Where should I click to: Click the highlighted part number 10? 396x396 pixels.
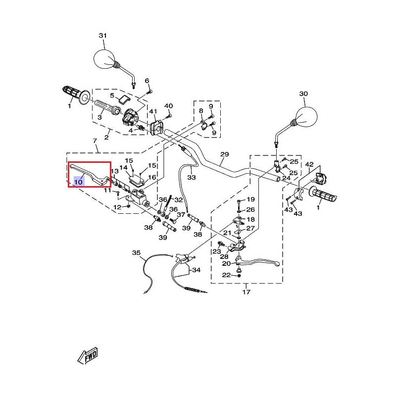[x=78, y=182]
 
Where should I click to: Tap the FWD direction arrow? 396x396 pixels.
[x=88, y=356]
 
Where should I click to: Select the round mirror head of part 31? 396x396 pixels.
[x=104, y=59]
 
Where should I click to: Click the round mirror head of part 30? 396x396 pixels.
[x=306, y=116]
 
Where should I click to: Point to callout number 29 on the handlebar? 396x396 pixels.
[x=225, y=154]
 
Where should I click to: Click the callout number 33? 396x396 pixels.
[x=192, y=177]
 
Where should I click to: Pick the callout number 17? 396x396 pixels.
[x=246, y=292]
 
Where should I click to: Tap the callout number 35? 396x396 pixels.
[x=136, y=253]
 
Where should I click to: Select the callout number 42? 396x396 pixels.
[x=309, y=165]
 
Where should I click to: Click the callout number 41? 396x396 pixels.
[x=153, y=111]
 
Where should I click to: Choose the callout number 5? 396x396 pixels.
[x=112, y=96]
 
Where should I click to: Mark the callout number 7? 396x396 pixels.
[x=95, y=141]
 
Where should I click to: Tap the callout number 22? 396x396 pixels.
[x=226, y=275]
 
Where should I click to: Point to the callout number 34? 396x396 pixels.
[x=196, y=270]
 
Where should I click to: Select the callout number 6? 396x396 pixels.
[x=147, y=81]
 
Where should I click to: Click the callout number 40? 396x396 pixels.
[x=168, y=106]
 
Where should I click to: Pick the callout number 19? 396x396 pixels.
[x=250, y=199]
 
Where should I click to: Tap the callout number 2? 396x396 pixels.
[x=106, y=137]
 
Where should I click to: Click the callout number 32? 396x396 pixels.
[x=178, y=200]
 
